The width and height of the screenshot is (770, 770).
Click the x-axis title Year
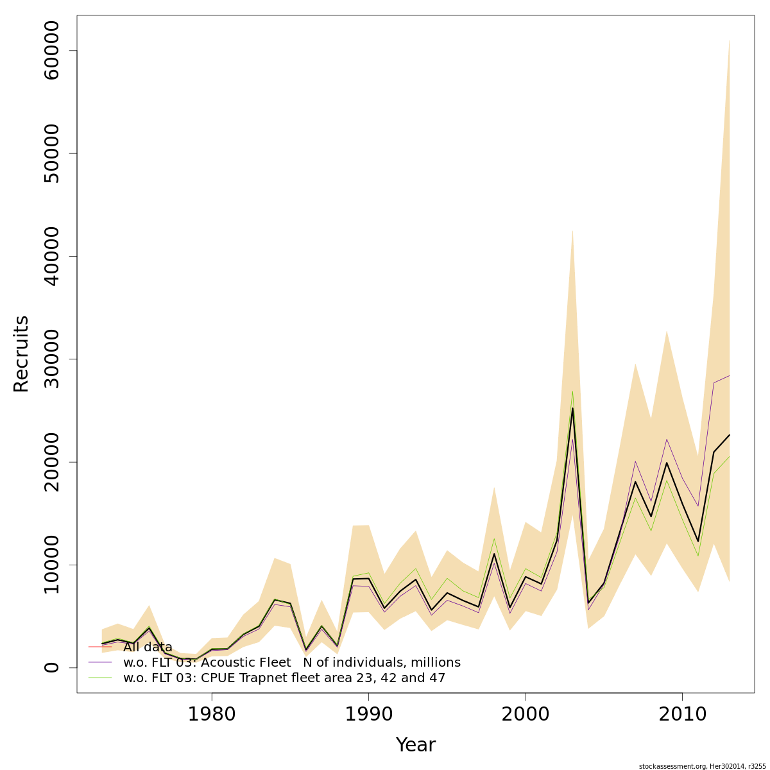[x=415, y=745]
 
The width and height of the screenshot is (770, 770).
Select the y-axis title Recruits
[x=21, y=354]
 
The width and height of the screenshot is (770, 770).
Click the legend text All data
[x=148, y=647]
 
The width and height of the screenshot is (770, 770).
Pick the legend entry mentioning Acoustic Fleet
[x=292, y=662]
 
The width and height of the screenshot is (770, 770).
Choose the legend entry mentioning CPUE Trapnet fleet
[x=284, y=678]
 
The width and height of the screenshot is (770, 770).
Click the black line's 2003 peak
[x=572, y=408]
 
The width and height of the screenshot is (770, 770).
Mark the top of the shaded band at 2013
[x=730, y=40]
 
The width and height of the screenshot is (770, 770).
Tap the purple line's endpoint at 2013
[x=730, y=375]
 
